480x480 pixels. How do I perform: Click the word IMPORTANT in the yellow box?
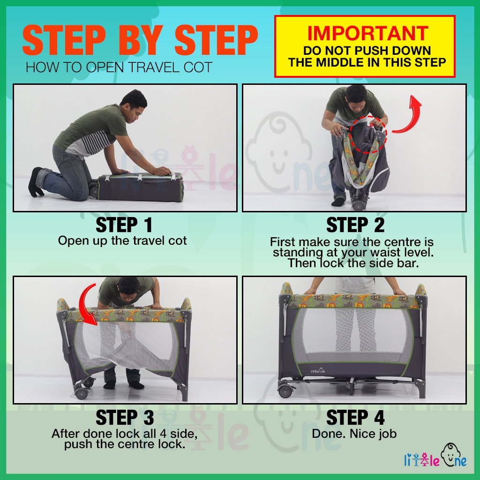point(367,33)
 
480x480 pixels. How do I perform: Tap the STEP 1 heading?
point(124,225)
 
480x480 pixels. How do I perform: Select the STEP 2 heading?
point(355,225)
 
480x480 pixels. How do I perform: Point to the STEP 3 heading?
point(125,418)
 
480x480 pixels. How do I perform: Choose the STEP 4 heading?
point(355,418)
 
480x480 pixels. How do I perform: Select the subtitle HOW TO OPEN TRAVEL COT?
point(119,67)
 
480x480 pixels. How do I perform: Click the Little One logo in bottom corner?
point(435,456)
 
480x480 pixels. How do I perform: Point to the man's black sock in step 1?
point(36,182)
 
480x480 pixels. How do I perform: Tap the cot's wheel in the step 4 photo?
point(285,391)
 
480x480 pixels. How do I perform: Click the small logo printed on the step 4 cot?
point(317,371)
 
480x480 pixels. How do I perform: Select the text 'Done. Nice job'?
point(354,434)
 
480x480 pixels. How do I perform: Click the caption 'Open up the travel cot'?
point(122,241)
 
